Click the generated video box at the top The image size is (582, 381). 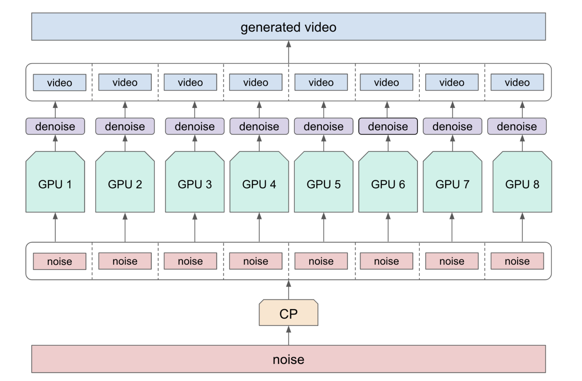pyautogui.click(x=288, y=27)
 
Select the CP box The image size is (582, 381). pyautogui.click(x=288, y=313)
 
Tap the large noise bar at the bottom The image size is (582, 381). pyautogui.click(x=288, y=359)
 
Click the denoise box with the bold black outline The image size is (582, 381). pyautogui.click(x=388, y=126)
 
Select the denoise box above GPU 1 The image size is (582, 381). pyautogui.click(x=55, y=126)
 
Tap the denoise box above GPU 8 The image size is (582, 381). pyautogui.click(x=517, y=126)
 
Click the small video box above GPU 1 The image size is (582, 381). pyautogui.click(x=59, y=83)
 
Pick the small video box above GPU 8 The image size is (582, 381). pyautogui.click(x=517, y=82)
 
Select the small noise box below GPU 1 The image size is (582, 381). pyautogui.click(x=59, y=261)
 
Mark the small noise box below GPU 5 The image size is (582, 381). pyautogui.click(x=321, y=261)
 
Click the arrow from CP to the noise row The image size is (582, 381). pyautogui.click(x=288, y=290)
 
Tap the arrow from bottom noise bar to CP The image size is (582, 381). pyautogui.click(x=288, y=336)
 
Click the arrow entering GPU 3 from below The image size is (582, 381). pyautogui.click(x=195, y=227)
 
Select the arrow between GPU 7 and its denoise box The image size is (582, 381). pyautogui.click(x=452, y=143)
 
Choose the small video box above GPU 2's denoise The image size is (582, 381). pyautogui.click(x=125, y=82)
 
